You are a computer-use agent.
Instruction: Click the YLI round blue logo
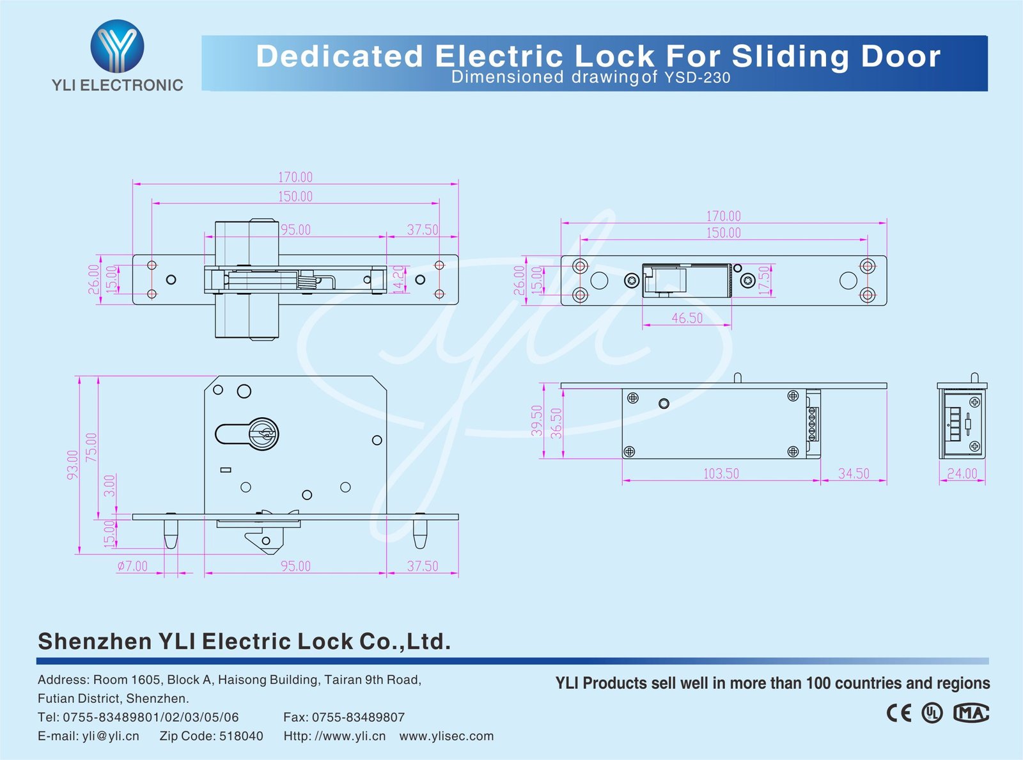coord(117,46)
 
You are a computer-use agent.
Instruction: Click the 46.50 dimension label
coord(687,318)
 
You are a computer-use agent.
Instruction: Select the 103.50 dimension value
coord(721,473)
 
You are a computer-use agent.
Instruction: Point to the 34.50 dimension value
coord(854,473)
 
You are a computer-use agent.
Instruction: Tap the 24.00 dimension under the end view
coord(962,473)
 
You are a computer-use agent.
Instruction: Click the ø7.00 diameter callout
coord(132,566)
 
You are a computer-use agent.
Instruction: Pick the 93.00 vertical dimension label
coord(73,464)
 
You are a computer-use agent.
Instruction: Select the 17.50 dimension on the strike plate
coord(764,280)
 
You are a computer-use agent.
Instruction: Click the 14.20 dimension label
coord(399,280)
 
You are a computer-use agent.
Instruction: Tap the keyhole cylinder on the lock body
coord(263,434)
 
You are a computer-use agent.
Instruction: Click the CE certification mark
coord(899,713)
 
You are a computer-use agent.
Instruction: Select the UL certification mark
coord(932,713)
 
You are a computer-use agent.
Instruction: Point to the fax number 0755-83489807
coord(358,717)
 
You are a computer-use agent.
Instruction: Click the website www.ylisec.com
coord(446,736)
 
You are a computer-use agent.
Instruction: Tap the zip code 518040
coord(241,736)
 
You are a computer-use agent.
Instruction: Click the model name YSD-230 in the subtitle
coord(697,78)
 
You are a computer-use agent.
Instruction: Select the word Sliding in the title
coord(790,56)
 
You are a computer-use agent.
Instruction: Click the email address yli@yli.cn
coord(111,736)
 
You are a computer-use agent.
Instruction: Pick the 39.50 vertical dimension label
coord(537,420)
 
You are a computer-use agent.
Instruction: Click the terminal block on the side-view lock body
coord(813,424)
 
